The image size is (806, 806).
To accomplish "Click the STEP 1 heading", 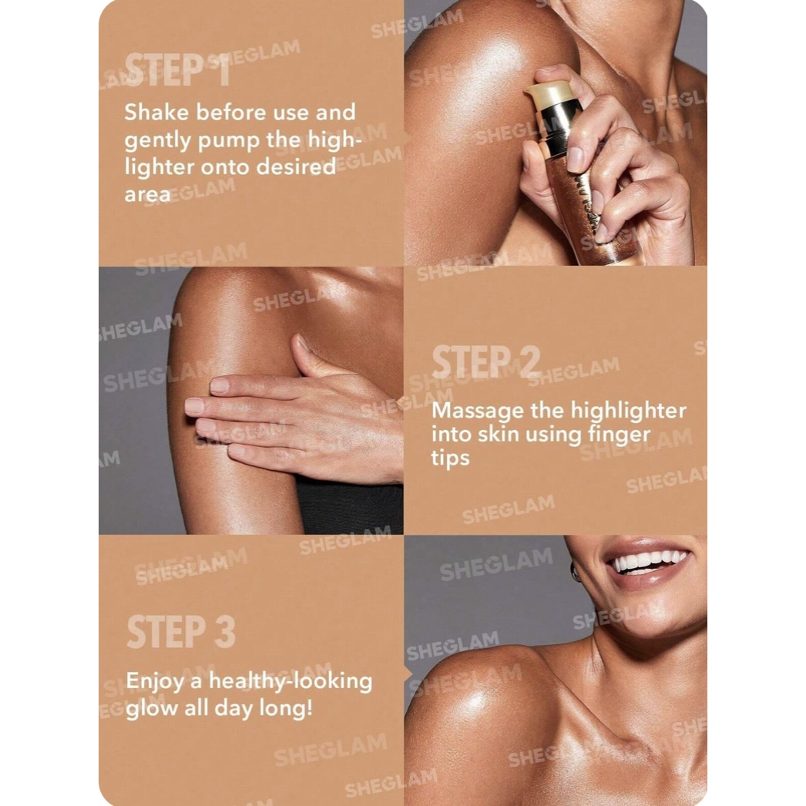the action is (x=176, y=70).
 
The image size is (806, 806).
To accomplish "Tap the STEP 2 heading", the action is (x=485, y=361).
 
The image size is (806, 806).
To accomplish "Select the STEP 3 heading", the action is (x=181, y=631).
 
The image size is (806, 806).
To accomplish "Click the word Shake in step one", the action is (x=156, y=112).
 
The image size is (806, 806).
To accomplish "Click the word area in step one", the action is (x=147, y=195).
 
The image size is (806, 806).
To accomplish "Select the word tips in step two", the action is (x=450, y=458).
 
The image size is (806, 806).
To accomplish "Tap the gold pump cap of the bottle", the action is (x=549, y=95).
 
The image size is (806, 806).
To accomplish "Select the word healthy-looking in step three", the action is (x=290, y=681).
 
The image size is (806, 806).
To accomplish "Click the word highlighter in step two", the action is (x=629, y=411).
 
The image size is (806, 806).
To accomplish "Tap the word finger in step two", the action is (x=620, y=435).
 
